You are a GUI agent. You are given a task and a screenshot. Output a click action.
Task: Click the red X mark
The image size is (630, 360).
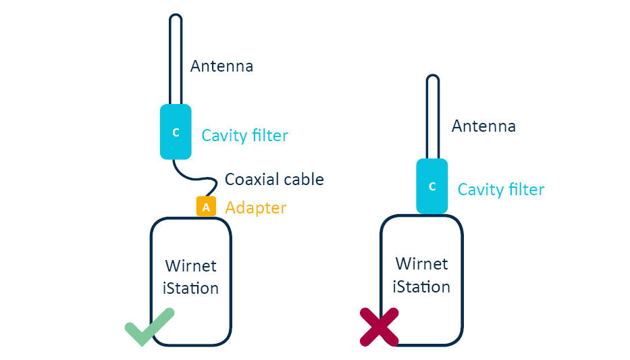tap(379, 327)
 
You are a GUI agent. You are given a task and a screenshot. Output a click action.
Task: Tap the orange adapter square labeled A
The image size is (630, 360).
tap(206, 207)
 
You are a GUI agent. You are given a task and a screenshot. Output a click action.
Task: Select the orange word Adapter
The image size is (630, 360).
tap(255, 207)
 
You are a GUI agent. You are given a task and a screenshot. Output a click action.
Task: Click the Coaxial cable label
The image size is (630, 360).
tap(274, 180)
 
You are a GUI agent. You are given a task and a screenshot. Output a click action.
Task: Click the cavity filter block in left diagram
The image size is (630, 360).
tap(176, 132)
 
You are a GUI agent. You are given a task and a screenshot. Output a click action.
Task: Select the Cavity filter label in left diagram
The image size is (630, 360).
tap(244, 136)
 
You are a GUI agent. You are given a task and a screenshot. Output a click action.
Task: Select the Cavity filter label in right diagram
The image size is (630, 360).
tap(500, 190)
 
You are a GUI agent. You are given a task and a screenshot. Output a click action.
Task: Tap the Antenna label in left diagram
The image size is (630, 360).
tap(221, 66)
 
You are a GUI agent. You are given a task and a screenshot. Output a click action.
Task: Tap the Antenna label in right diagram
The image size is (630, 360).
tap(483, 126)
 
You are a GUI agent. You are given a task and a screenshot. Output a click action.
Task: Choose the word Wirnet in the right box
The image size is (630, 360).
tap(421, 263)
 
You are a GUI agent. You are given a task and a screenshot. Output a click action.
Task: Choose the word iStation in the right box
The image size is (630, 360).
tap(421, 287)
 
